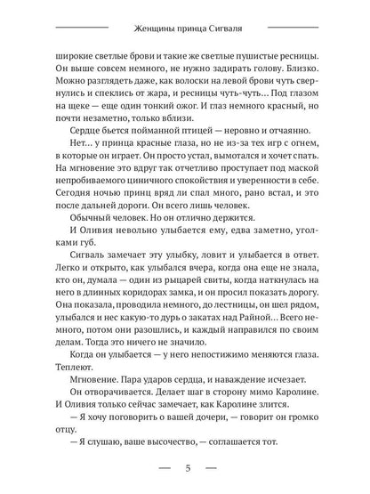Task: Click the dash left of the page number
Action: click(165, 466)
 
